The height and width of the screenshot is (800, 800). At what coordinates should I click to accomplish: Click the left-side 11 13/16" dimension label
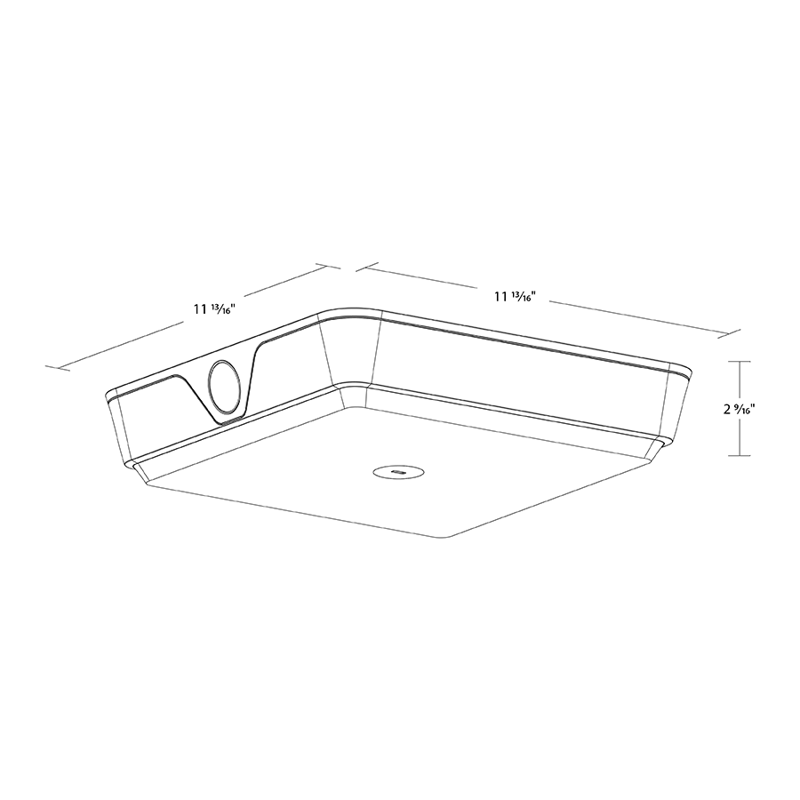click(213, 309)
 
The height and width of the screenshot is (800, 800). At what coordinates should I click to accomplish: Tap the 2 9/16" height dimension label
click(739, 409)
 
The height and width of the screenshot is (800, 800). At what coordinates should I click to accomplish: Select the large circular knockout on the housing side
click(224, 387)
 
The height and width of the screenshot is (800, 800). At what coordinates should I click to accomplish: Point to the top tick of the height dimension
click(739, 362)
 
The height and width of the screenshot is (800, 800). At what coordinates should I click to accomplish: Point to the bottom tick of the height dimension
click(739, 456)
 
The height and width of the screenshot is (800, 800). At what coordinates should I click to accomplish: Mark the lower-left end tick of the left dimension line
click(58, 367)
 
